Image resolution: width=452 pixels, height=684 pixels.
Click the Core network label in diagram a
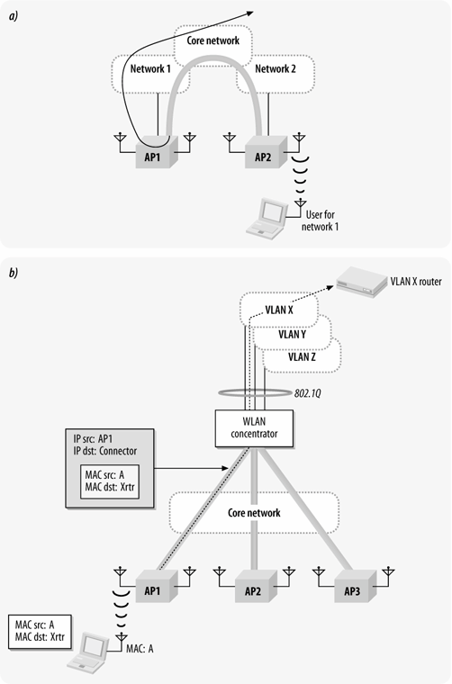212,40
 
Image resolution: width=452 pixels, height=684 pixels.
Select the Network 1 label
150,68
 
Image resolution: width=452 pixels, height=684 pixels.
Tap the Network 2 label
276,68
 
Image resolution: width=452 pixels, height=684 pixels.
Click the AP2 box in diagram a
266,152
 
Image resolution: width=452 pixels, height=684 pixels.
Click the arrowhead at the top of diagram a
250,13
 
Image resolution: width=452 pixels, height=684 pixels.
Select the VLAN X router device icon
360,282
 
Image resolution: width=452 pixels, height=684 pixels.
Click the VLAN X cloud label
279,310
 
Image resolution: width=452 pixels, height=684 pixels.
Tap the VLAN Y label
292,335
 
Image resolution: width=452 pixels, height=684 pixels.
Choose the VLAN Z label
302,356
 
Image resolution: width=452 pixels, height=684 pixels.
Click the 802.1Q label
308,393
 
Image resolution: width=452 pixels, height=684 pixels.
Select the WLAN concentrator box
254,428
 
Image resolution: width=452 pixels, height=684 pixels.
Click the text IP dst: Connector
104,451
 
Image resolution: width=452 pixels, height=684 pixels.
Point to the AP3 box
355,586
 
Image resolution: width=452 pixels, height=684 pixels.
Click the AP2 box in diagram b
256,586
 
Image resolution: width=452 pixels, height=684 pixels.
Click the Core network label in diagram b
254,513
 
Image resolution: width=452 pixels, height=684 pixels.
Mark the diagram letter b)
14,273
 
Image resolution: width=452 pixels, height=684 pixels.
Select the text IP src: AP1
93,439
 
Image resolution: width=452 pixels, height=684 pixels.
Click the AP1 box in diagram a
156,152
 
